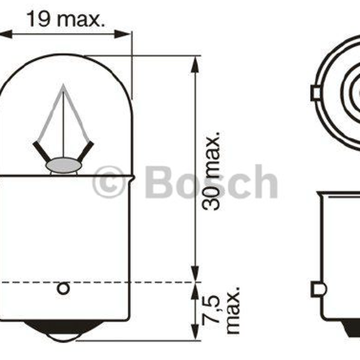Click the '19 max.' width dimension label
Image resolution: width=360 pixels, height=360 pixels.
pyautogui.click(x=66, y=19)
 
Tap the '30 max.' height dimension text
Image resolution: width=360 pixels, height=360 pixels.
pyautogui.click(x=211, y=171)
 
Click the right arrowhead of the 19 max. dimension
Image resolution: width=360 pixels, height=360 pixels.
pyautogui.click(x=122, y=34)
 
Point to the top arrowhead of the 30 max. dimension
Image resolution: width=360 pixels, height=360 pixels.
pyautogui.click(x=195, y=65)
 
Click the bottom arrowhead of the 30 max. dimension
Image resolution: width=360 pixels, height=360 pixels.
pyautogui.click(x=195, y=274)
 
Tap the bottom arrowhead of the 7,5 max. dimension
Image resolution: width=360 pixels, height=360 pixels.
pyautogui.click(x=195, y=332)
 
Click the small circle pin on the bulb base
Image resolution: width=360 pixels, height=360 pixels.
pyautogui.click(x=63, y=289)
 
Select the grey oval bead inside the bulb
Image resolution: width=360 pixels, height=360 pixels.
pyautogui.click(x=64, y=165)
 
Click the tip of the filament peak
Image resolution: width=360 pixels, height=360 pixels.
pyautogui.click(x=64, y=84)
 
